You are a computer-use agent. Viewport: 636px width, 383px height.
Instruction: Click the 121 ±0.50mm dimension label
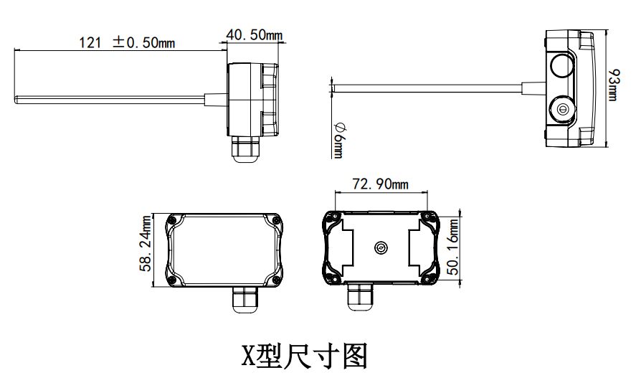click(x=126, y=42)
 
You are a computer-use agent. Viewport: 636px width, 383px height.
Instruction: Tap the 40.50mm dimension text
click(x=254, y=34)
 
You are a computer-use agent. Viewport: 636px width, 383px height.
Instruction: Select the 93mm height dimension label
click(x=614, y=85)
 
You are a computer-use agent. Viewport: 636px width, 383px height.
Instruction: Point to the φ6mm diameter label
click(x=338, y=140)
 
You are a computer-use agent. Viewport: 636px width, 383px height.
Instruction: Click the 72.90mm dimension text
click(x=380, y=184)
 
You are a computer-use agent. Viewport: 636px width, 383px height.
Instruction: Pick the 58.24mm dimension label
click(x=146, y=243)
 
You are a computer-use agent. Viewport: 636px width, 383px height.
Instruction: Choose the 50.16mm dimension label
click(x=453, y=247)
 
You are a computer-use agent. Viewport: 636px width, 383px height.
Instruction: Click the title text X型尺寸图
click(x=305, y=356)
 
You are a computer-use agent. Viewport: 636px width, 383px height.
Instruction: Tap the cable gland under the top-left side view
click(x=245, y=149)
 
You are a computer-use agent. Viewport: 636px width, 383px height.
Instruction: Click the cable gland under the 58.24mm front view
click(x=245, y=299)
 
